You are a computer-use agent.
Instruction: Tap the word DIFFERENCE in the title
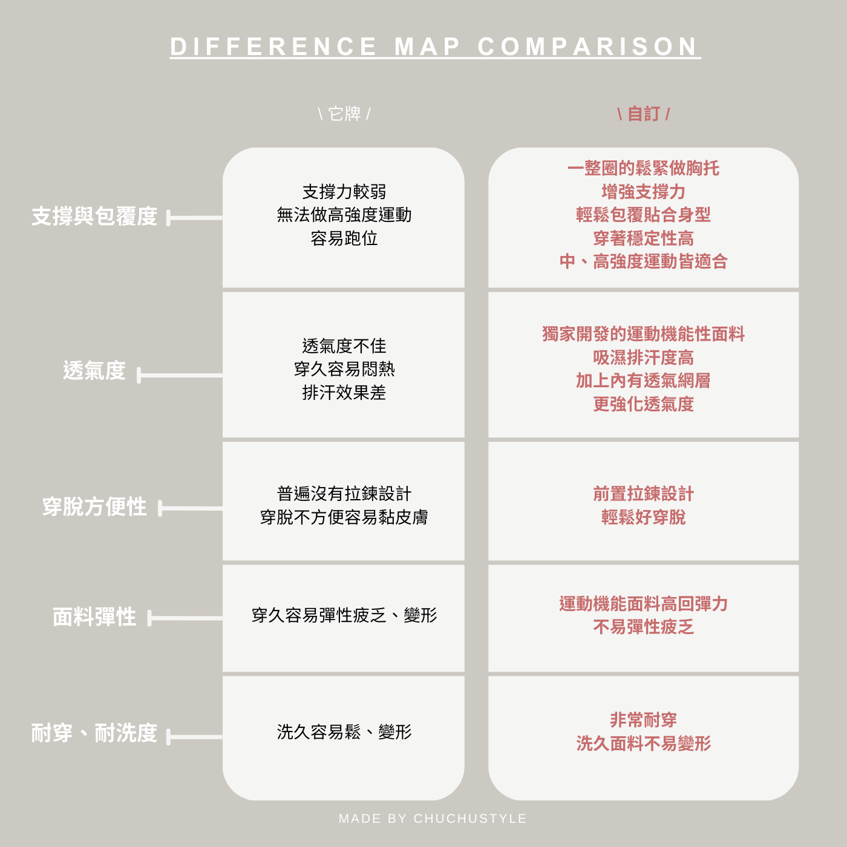pos(274,47)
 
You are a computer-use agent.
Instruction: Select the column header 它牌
pos(344,114)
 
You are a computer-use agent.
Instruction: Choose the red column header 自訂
pos(643,114)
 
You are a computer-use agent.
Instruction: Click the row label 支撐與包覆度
pos(94,217)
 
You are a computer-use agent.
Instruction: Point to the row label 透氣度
pos(94,370)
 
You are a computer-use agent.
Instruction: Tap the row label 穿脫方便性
pos(94,507)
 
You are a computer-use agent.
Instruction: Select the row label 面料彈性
pos(94,617)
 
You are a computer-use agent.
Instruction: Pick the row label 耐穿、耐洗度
pos(94,733)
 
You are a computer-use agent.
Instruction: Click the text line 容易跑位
pos(344,238)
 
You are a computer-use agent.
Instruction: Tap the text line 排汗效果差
pos(344,393)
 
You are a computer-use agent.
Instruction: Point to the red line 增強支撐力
pos(643,192)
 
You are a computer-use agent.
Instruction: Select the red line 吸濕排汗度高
pos(643,358)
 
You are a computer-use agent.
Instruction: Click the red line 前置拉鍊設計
pos(643,494)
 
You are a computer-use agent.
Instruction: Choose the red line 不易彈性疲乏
pos(643,627)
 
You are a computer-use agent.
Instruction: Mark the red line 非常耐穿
pos(643,720)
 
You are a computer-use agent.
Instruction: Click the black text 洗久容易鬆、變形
pos(344,732)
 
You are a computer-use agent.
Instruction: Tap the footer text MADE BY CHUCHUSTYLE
pos(433,819)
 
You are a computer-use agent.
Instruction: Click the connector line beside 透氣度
pos(181,376)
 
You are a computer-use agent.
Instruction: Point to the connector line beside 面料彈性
pos(186,618)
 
